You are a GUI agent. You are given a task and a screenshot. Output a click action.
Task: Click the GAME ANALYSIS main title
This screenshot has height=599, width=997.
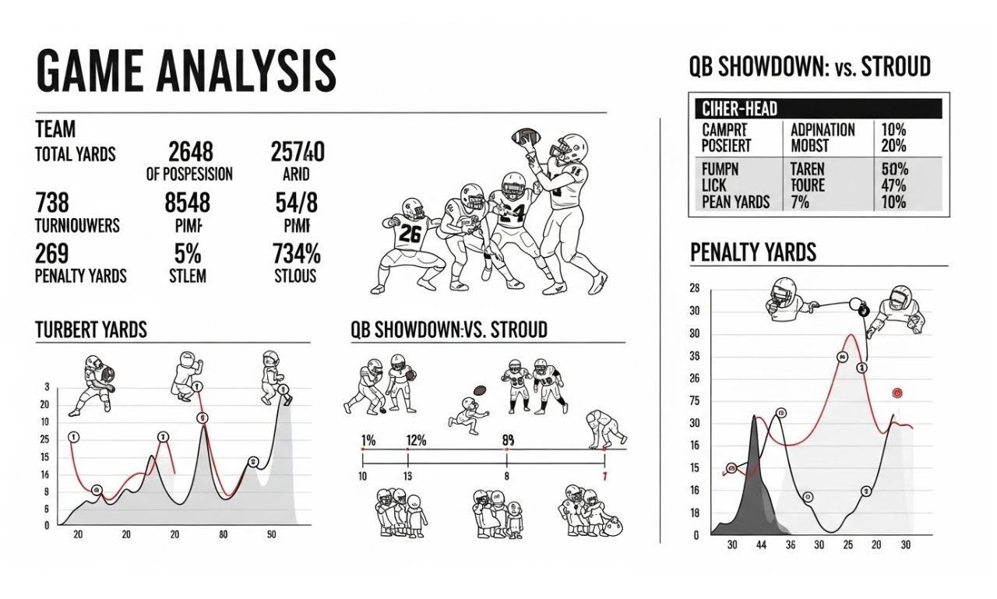pyautogui.click(x=185, y=71)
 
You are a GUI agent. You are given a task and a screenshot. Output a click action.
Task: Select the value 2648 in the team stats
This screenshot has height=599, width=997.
pyautogui.click(x=190, y=151)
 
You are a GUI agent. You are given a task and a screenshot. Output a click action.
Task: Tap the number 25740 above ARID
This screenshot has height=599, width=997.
pyautogui.click(x=298, y=151)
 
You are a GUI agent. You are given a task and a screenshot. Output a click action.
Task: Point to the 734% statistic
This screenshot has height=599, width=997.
pyautogui.click(x=297, y=254)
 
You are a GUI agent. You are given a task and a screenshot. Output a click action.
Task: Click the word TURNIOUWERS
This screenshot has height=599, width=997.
pyautogui.click(x=78, y=225)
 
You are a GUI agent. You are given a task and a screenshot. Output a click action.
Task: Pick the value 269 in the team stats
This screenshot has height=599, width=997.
pyautogui.click(x=52, y=254)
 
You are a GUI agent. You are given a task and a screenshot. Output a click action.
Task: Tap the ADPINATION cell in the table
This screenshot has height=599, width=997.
pyautogui.click(x=823, y=130)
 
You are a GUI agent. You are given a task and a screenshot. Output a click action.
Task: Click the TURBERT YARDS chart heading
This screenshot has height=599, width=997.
pyautogui.click(x=91, y=330)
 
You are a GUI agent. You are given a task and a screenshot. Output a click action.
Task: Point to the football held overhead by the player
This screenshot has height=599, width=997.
pyautogui.click(x=526, y=138)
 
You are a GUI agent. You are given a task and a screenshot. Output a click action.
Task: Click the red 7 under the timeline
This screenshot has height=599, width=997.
pyautogui.click(x=604, y=476)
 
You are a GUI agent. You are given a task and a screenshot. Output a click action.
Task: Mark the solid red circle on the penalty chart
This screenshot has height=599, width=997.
pyautogui.click(x=897, y=394)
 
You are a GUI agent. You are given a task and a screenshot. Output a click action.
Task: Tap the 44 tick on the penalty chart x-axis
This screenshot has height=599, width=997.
pyautogui.click(x=760, y=545)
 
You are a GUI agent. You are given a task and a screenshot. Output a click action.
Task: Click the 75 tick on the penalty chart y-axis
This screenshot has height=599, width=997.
pyautogui.click(x=695, y=401)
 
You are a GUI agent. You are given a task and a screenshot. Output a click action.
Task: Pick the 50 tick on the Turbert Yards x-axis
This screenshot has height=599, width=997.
pyautogui.click(x=271, y=534)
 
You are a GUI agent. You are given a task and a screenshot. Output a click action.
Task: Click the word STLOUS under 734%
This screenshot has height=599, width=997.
pyautogui.click(x=296, y=276)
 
